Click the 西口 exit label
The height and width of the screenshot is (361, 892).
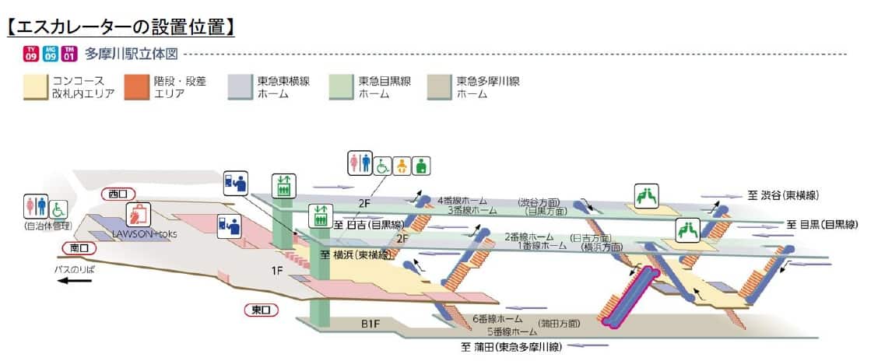click(x=118, y=193)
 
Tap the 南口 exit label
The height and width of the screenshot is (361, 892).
click(x=79, y=248)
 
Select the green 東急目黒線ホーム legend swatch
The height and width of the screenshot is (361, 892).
click(x=340, y=87)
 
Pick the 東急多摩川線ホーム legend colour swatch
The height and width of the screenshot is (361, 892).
click(x=440, y=87)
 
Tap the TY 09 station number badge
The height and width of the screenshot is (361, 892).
click(x=31, y=54)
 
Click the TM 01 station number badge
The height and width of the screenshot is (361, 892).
click(x=69, y=54)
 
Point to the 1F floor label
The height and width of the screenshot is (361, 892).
click(x=277, y=270)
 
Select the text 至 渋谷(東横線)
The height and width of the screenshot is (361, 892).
click(x=783, y=195)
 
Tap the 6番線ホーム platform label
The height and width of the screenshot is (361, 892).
click(x=497, y=319)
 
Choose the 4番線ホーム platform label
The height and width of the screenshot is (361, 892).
click(x=462, y=200)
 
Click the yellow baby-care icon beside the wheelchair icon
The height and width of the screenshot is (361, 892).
click(x=402, y=166)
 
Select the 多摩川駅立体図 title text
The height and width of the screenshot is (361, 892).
click(x=132, y=54)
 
